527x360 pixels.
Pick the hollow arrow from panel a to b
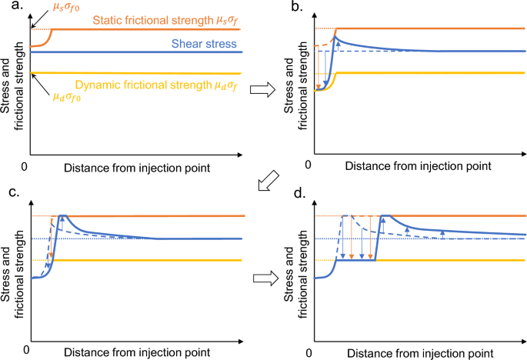point(263,89)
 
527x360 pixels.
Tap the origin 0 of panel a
point(26,167)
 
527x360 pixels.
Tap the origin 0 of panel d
point(309,352)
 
